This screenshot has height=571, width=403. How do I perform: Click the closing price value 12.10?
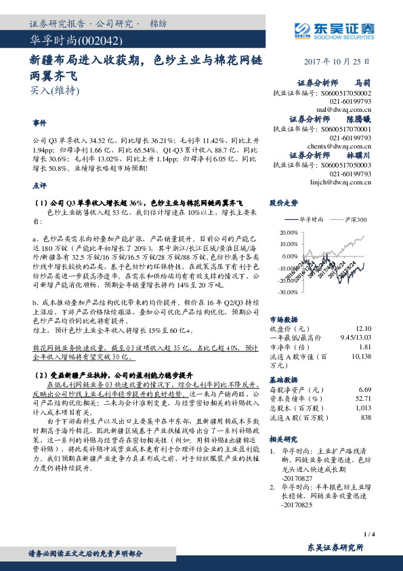[362, 329]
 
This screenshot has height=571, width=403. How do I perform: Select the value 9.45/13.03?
[356, 337]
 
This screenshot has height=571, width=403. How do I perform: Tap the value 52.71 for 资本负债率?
[364, 399]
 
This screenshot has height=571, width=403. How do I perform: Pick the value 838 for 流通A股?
[366, 418]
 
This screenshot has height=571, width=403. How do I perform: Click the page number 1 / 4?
[368, 535]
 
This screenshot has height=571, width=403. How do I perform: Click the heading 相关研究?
[283, 439]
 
